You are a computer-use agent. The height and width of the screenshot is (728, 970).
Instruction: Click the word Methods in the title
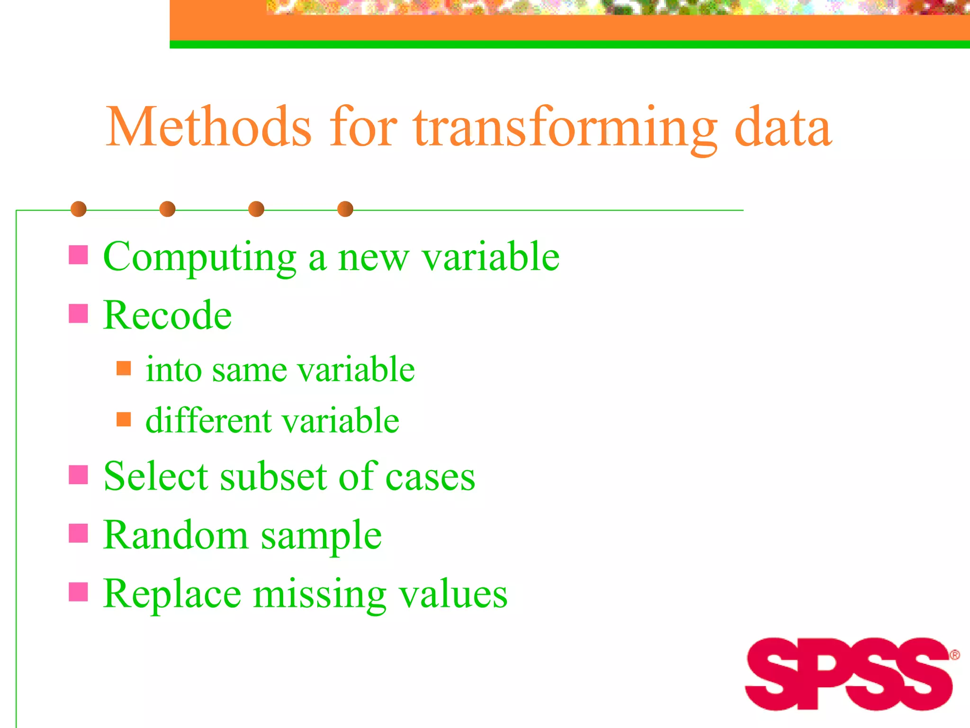click(x=208, y=127)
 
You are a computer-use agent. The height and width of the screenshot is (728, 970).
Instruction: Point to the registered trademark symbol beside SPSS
click(x=954, y=655)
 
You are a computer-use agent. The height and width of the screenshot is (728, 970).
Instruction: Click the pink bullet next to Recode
click(x=78, y=313)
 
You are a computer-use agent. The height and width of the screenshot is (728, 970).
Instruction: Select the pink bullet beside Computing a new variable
click(x=78, y=255)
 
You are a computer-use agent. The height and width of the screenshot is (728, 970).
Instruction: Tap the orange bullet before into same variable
click(x=124, y=368)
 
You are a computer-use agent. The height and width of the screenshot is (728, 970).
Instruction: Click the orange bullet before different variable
click(x=124, y=419)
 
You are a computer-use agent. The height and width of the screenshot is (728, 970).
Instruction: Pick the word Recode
click(x=167, y=315)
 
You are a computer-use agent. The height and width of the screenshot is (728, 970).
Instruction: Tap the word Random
click(x=175, y=535)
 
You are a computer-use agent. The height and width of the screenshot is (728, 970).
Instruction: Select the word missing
click(x=320, y=595)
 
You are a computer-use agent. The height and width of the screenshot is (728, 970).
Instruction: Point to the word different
click(x=208, y=420)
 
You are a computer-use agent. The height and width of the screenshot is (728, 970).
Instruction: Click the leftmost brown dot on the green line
click(x=79, y=209)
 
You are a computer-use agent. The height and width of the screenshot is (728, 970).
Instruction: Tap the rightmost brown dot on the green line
click(x=345, y=209)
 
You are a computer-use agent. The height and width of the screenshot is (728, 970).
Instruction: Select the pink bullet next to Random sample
click(x=78, y=533)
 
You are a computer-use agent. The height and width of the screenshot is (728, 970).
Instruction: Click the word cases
click(x=430, y=477)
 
